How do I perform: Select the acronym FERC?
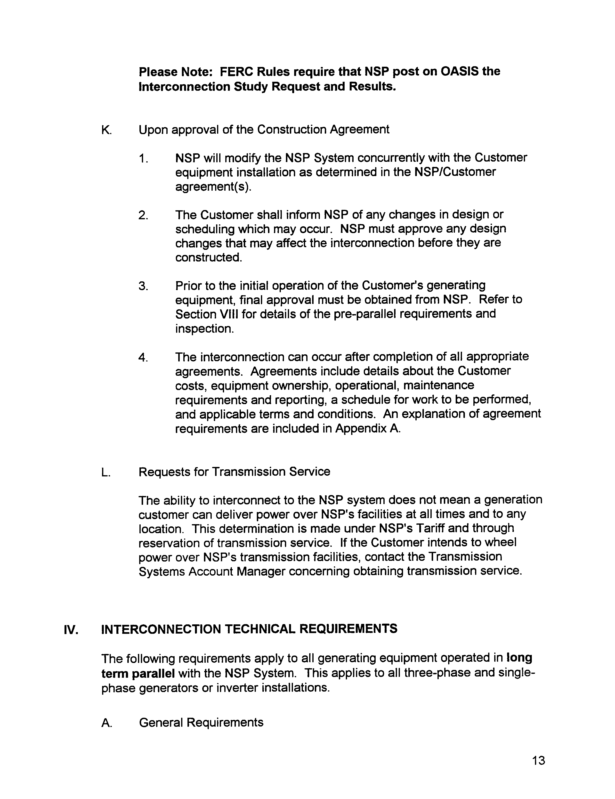click(236, 71)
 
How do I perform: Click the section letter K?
click(106, 130)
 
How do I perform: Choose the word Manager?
click(260, 571)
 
